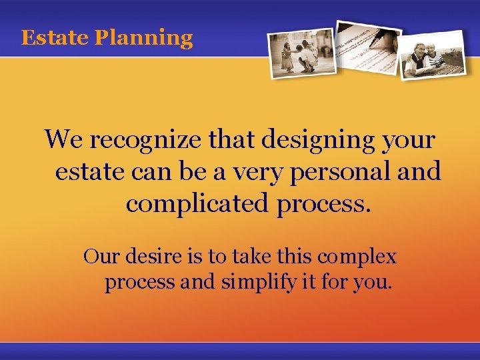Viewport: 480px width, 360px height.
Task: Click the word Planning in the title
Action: click(x=143, y=39)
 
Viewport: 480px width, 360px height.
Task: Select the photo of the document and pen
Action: click(x=367, y=47)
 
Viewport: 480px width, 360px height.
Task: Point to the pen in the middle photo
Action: click(x=377, y=33)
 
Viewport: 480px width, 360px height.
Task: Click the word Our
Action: click(x=96, y=256)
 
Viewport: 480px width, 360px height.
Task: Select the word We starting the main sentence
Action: click(x=64, y=141)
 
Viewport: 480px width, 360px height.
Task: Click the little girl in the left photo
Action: click(x=287, y=57)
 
